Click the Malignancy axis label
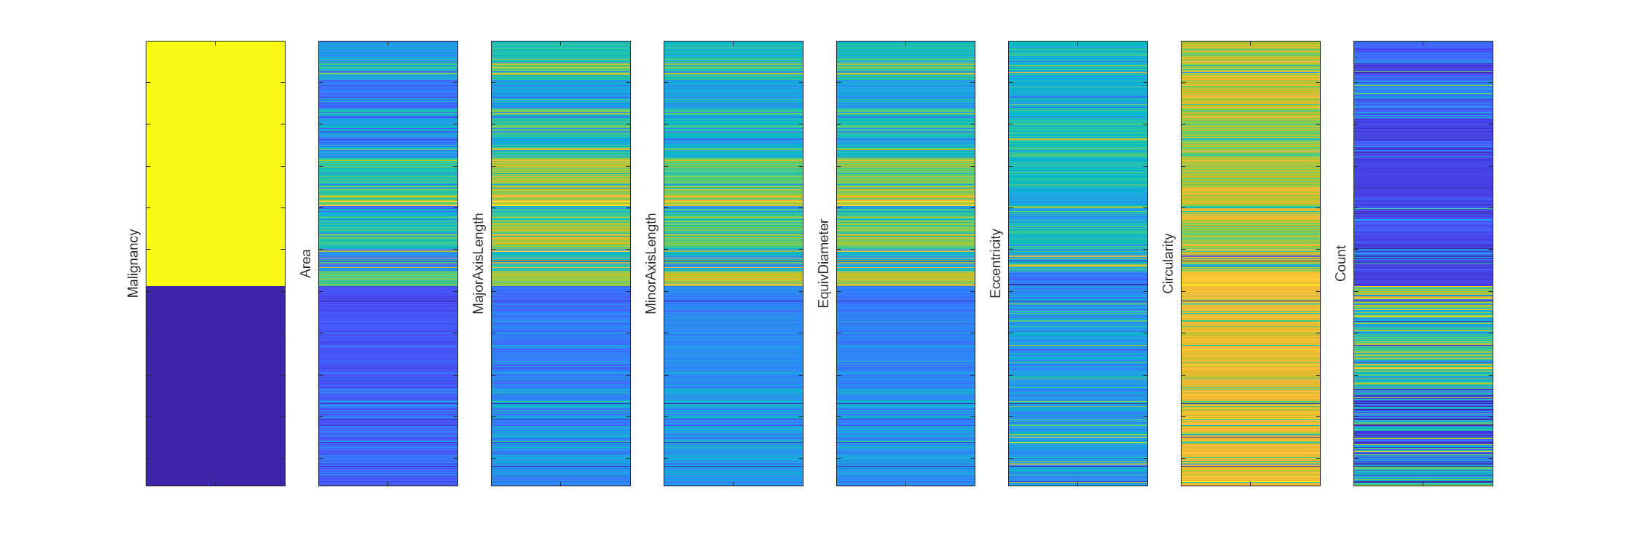133,263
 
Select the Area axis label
306,263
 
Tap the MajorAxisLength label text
478,263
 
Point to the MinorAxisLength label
651,263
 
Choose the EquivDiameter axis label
823,263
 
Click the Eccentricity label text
995,263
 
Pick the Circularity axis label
1168,263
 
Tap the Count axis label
1340,263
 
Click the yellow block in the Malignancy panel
216,163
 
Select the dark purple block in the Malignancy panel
216,386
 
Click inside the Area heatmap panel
388,263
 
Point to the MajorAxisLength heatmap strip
561,263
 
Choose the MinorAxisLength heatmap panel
734,263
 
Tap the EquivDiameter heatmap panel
905,263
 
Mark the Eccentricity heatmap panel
1078,263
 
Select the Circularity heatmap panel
1251,263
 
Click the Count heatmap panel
1423,263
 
